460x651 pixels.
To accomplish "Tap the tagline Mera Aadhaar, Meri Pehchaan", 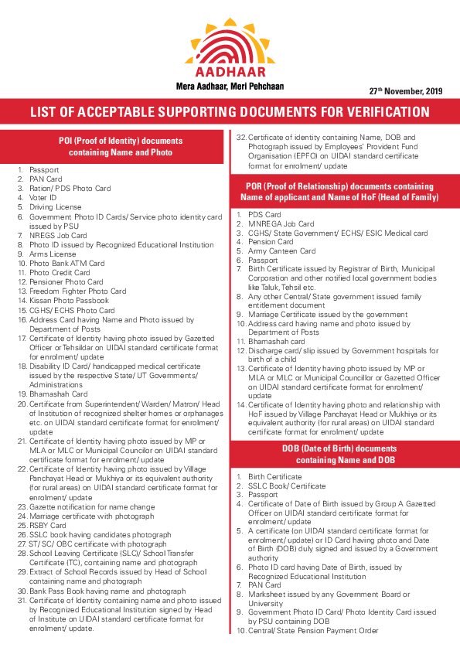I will click(230, 84).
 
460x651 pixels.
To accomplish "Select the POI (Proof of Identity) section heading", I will click(121, 147).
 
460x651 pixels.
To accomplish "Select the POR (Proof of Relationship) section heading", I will click(346, 192).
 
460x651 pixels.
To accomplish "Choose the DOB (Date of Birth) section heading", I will click(346, 455).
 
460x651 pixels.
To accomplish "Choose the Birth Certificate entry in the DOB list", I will click(274, 476).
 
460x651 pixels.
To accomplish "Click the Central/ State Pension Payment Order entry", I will click(313, 631).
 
